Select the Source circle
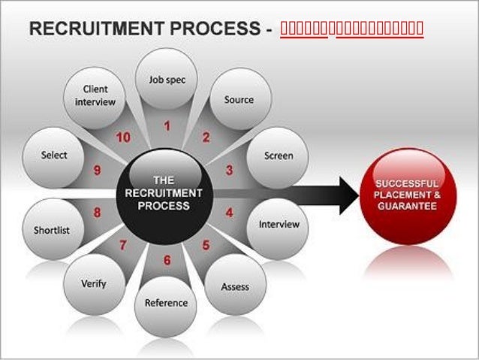coord(239,99)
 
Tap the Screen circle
coord(278,156)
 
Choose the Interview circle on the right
coord(279,224)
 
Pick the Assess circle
coord(235,286)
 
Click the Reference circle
coord(165,303)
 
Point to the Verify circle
coord(94,284)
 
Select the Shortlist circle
coord(52,230)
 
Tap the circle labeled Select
coord(54,156)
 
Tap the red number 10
coord(123,137)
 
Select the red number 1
coord(167,127)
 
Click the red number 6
coord(167,261)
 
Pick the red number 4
coord(229,213)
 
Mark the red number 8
coord(98,213)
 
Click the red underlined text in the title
coord(351,30)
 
